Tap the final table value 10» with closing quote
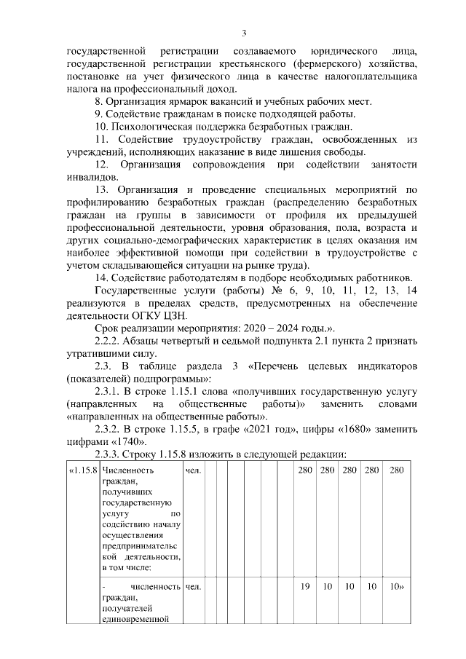click(x=398, y=586)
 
